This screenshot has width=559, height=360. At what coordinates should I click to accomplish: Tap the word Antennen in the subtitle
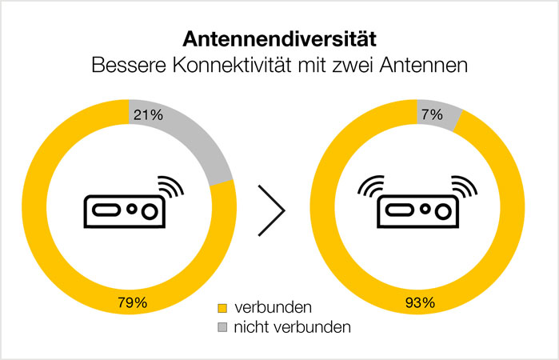(425, 66)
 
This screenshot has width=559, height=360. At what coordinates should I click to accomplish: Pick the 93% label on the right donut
(418, 303)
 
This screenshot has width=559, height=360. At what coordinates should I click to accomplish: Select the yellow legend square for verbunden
(222, 308)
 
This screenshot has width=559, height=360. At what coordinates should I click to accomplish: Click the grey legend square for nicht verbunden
(222, 327)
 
